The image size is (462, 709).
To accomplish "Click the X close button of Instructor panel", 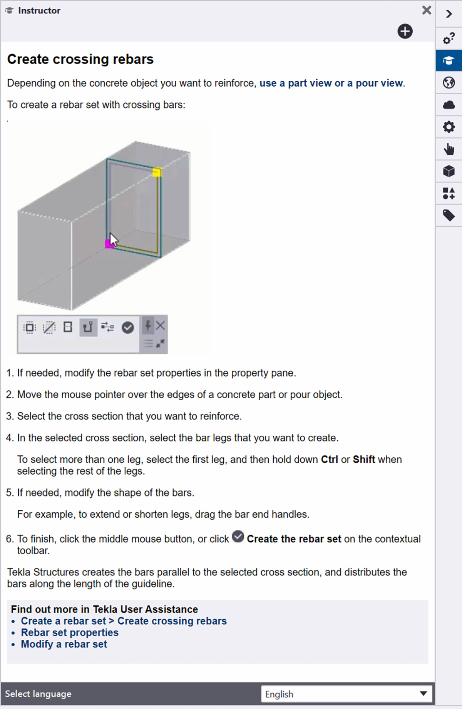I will [x=426, y=10].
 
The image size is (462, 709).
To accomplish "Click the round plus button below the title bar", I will [x=405, y=31].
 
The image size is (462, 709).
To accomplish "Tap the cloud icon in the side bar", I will [x=449, y=105].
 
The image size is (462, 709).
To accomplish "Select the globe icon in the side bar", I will [x=449, y=82].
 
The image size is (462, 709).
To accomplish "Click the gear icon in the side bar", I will [x=449, y=127].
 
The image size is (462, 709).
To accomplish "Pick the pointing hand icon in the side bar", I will [x=449, y=149].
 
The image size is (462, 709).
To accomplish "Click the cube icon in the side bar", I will [x=449, y=171].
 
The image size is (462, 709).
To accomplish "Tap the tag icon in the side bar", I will [x=449, y=215].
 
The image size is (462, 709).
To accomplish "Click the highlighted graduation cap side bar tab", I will [x=449, y=60].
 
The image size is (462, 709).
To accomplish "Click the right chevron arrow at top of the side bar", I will [x=449, y=14].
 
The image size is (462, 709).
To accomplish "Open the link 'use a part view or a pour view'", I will [x=331, y=83].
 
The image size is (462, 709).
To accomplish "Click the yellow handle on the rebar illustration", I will [x=157, y=172].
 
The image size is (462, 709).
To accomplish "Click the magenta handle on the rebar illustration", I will [x=109, y=244].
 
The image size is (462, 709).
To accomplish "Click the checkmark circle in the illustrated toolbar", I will [x=128, y=328].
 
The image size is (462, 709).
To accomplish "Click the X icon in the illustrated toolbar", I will [x=161, y=326].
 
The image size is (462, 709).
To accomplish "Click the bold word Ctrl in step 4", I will [x=329, y=460].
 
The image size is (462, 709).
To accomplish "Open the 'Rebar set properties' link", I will [x=70, y=632].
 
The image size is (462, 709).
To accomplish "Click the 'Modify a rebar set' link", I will [x=64, y=644].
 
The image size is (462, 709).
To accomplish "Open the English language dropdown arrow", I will [x=423, y=694].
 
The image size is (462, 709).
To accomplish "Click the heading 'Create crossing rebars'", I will [x=80, y=59].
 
